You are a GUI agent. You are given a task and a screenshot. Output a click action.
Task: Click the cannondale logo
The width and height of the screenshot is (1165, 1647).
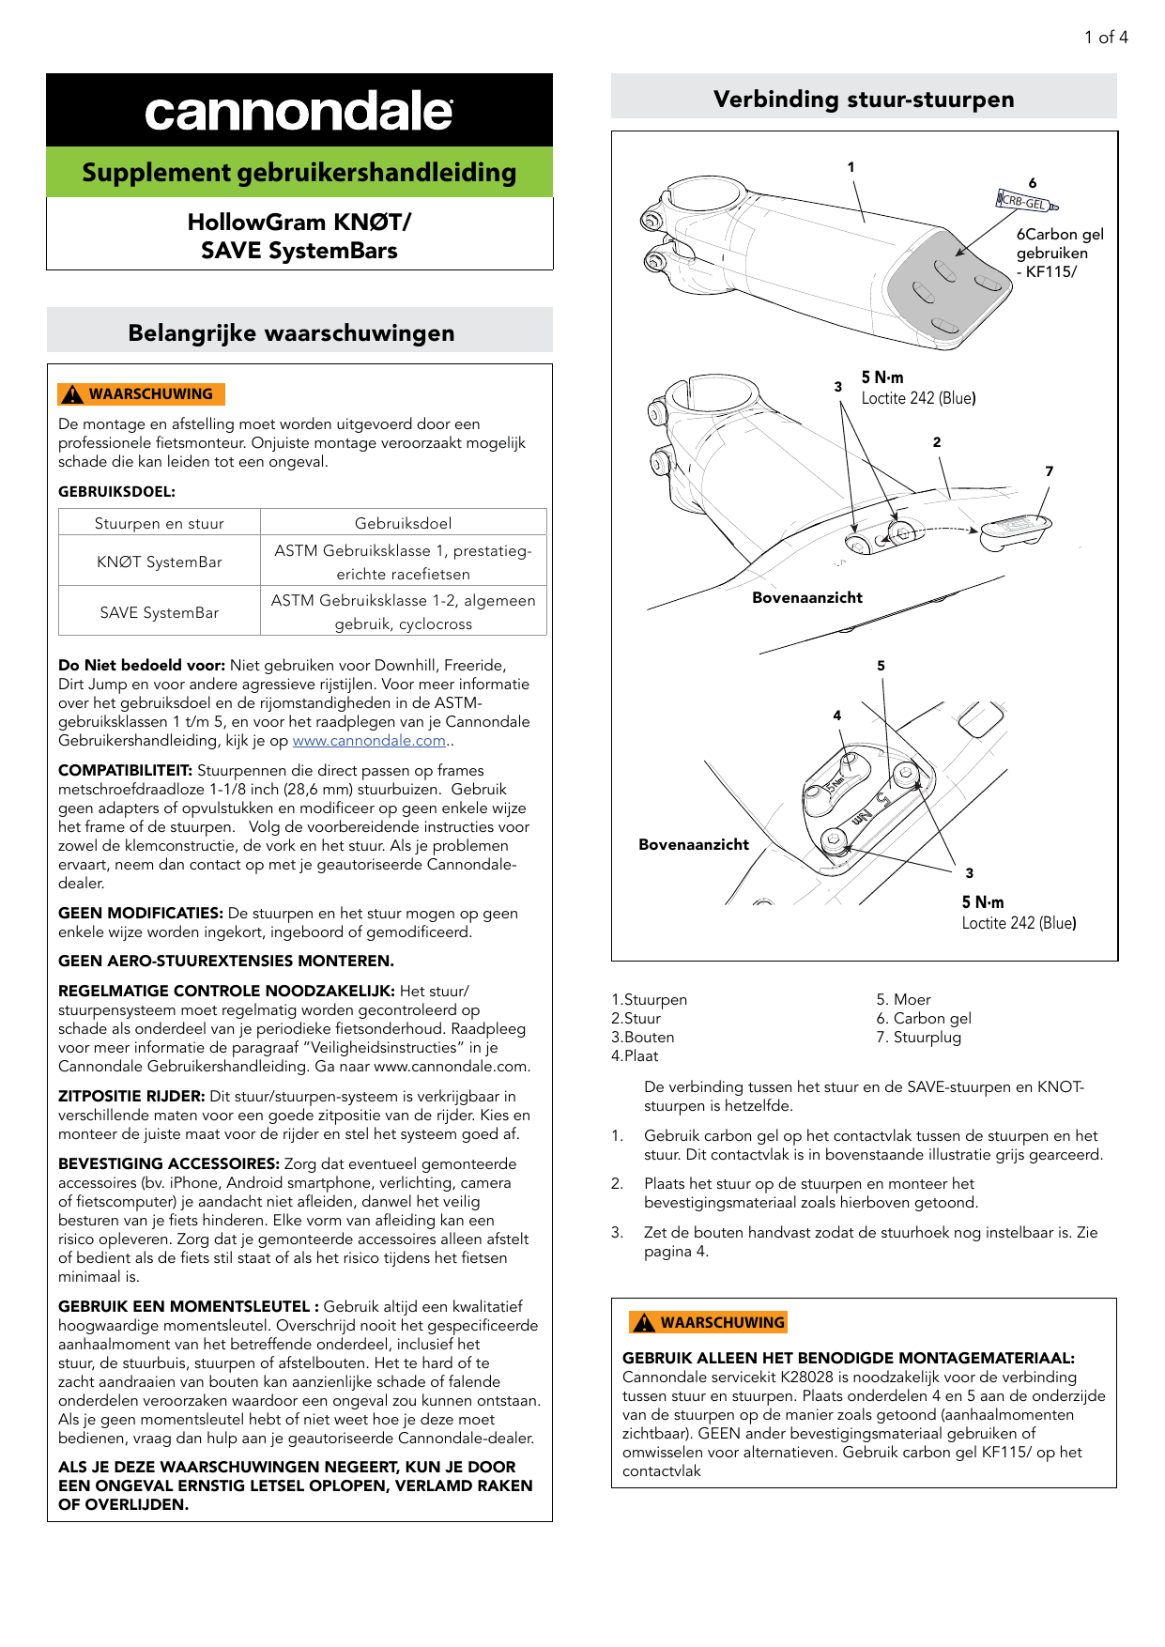(x=299, y=112)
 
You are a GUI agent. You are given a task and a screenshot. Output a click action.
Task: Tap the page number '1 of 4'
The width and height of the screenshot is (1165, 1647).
(x=1106, y=38)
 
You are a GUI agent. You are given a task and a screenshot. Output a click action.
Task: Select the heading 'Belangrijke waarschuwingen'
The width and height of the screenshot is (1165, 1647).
(x=291, y=333)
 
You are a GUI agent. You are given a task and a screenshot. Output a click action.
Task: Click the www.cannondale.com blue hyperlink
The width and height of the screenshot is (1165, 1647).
(x=369, y=741)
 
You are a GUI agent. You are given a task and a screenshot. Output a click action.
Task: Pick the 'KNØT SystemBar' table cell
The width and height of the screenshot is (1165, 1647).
(x=160, y=562)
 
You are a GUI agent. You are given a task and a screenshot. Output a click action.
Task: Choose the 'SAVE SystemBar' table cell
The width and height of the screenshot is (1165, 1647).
(x=160, y=612)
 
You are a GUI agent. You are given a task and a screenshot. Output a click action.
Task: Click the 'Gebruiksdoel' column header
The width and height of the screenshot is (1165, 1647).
(x=403, y=523)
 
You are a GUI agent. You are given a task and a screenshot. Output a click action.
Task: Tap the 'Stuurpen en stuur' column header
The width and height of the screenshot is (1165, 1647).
(x=160, y=523)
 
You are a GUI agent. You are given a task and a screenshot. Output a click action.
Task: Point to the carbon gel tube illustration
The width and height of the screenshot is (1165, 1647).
(x=1026, y=201)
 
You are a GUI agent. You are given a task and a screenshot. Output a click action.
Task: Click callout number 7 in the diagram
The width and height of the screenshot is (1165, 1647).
(x=1049, y=471)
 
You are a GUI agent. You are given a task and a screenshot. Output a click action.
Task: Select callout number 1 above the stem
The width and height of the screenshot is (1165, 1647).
(x=851, y=167)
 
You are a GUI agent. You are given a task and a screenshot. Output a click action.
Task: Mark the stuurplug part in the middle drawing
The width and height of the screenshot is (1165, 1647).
(x=1015, y=531)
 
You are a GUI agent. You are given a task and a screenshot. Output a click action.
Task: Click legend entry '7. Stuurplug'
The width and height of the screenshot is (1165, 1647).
(x=918, y=1037)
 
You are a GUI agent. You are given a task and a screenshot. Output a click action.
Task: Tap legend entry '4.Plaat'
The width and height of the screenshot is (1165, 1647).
(x=635, y=1055)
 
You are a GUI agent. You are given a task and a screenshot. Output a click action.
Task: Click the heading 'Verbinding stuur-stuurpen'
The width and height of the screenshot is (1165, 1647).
(x=863, y=100)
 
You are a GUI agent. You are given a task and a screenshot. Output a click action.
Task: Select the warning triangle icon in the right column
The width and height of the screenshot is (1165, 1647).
(x=643, y=1322)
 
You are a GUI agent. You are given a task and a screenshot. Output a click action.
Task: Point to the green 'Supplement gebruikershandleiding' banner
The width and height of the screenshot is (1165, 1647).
(x=299, y=173)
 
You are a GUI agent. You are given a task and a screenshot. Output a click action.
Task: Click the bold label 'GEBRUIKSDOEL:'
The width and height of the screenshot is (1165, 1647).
(x=116, y=491)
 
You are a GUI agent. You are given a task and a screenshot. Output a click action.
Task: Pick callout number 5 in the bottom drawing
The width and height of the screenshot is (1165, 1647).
(x=881, y=666)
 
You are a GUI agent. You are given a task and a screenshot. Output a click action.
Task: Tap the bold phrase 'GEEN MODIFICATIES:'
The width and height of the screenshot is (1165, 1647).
(x=141, y=913)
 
